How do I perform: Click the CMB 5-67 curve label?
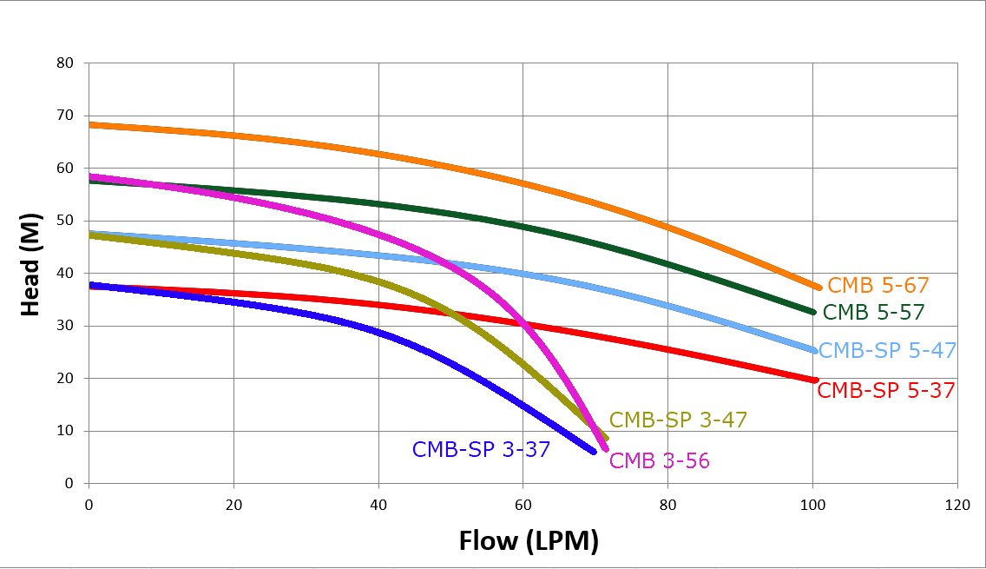click(878, 285)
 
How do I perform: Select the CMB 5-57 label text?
click(873, 312)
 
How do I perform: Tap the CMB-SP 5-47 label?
click(887, 350)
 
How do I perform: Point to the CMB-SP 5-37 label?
click(886, 390)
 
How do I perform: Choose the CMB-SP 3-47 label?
click(678, 420)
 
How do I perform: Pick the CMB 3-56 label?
click(660, 460)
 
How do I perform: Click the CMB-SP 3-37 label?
click(481, 449)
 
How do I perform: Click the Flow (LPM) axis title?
click(529, 540)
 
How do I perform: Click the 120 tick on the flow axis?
click(956, 504)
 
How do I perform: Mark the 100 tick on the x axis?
click(812, 504)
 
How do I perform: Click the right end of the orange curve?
click(818, 288)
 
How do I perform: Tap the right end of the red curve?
click(815, 380)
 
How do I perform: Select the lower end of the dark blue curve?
click(594, 451)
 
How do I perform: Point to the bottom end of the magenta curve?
click(605, 448)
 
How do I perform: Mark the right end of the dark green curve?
click(812, 312)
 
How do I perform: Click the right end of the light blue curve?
click(813, 350)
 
